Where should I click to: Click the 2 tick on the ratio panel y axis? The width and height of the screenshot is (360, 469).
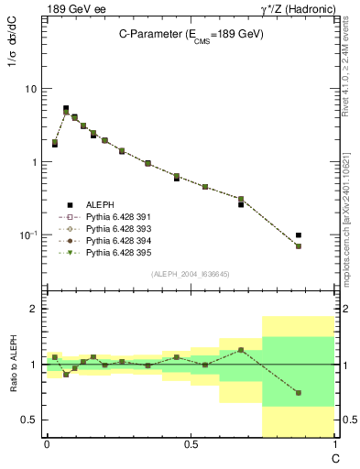[x=34, y=310]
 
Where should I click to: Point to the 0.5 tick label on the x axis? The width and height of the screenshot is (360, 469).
[x=190, y=444]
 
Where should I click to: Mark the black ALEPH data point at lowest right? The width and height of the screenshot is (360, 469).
[x=299, y=235]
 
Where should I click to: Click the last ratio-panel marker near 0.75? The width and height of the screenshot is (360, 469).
[x=299, y=393]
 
